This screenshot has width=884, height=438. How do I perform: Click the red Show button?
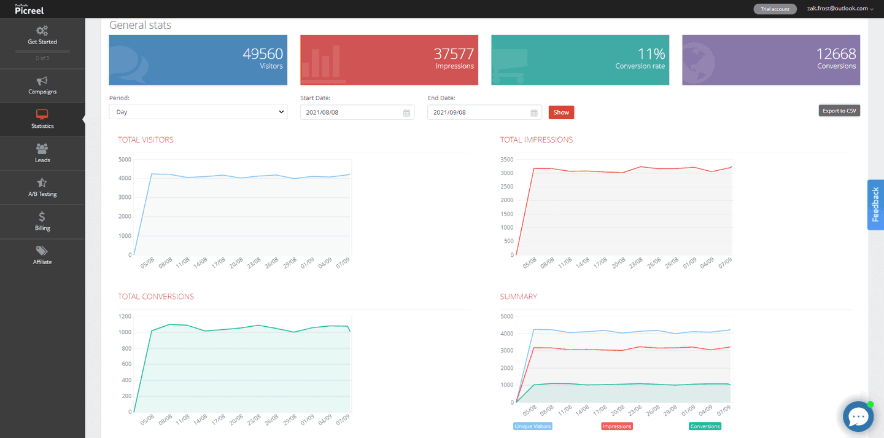tap(561, 112)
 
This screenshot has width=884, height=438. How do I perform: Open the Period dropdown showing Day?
tap(198, 112)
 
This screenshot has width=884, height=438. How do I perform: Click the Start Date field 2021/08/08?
tap(357, 112)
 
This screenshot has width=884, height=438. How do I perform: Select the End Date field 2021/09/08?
tap(484, 112)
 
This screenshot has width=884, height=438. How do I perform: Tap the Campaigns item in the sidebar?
tap(42, 85)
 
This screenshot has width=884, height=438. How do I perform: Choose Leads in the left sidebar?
tap(42, 154)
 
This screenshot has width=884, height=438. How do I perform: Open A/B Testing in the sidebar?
tap(42, 187)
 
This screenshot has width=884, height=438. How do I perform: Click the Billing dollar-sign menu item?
tap(42, 222)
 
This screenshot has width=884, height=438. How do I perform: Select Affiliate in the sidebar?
tap(42, 256)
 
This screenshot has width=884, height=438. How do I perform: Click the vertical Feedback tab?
tap(875, 205)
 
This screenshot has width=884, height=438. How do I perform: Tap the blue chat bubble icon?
tap(858, 417)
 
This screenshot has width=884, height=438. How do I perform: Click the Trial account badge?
tap(775, 9)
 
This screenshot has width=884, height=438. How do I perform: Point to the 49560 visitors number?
tap(263, 54)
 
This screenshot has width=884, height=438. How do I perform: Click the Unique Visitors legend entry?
tap(533, 426)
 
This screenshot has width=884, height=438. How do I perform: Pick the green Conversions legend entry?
tap(705, 426)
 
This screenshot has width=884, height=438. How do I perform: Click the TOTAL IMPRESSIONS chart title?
tap(536, 140)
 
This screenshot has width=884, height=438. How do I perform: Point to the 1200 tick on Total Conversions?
tap(125, 316)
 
